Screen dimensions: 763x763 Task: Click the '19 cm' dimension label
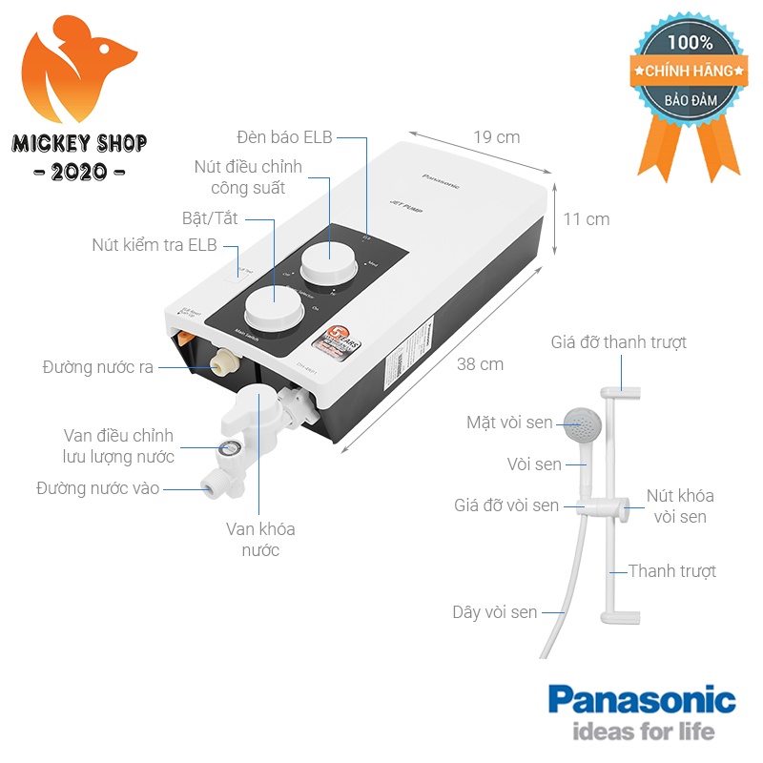click(x=496, y=136)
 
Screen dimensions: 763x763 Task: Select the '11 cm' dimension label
click(x=586, y=218)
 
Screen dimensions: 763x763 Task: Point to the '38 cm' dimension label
click(x=480, y=363)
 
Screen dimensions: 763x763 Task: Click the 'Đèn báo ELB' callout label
click(x=284, y=136)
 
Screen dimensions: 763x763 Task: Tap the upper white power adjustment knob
click(x=330, y=261)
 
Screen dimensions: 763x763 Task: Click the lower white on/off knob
click(x=272, y=309)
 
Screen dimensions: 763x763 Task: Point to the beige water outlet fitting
click(x=226, y=361)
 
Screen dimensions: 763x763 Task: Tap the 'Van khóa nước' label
click(x=260, y=539)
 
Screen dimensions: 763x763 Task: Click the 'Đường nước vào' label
click(x=97, y=488)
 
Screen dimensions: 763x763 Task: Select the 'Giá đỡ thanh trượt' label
click(x=618, y=341)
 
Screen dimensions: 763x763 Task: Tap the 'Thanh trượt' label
click(x=671, y=571)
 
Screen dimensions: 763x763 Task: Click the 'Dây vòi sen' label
click(x=494, y=612)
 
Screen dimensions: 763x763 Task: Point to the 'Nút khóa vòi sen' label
click(x=679, y=505)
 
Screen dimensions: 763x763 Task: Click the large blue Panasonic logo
click(x=641, y=701)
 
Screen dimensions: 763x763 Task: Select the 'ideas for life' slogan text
click(x=642, y=732)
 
